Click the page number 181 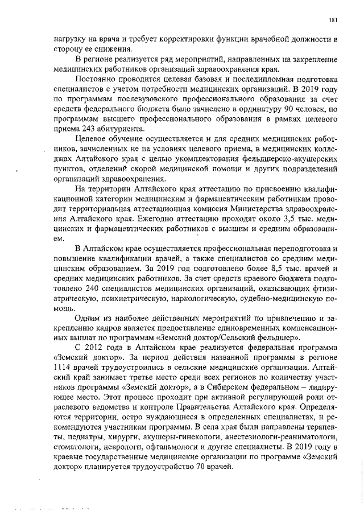click(334, 21)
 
